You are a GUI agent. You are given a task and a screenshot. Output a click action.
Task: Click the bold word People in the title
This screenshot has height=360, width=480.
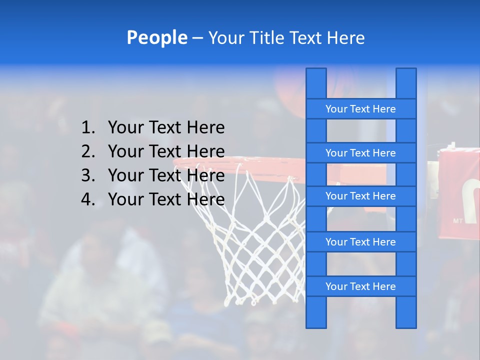click(x=156, y=37)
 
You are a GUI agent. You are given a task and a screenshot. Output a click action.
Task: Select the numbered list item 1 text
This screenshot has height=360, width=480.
click(x=166, y=127)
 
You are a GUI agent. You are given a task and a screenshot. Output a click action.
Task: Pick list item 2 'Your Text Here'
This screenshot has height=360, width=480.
click(x=166, y=151)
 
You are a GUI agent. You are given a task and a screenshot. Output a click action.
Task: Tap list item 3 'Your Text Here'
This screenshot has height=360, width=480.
click(x=166, y=175)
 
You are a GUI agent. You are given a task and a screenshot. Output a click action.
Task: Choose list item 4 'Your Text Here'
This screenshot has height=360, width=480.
click(x=166, y=199)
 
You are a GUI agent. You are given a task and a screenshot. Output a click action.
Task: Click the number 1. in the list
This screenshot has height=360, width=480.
click(x=88, y=127)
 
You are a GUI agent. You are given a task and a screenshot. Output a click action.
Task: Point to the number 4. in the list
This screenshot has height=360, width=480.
click(x=88, y=199)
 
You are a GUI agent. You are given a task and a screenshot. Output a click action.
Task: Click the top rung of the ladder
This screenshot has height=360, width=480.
click(x=360, y=109)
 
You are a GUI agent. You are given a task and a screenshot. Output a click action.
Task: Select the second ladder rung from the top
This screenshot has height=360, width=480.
click(x=360, y=153)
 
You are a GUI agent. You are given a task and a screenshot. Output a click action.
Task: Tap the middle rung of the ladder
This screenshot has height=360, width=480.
click(x=360, y=196)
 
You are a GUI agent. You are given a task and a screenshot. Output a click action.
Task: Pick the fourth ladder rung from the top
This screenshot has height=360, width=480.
click(x=360, y=242)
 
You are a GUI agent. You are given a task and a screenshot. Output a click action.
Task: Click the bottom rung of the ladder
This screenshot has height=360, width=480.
click(x=360, y=286)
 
